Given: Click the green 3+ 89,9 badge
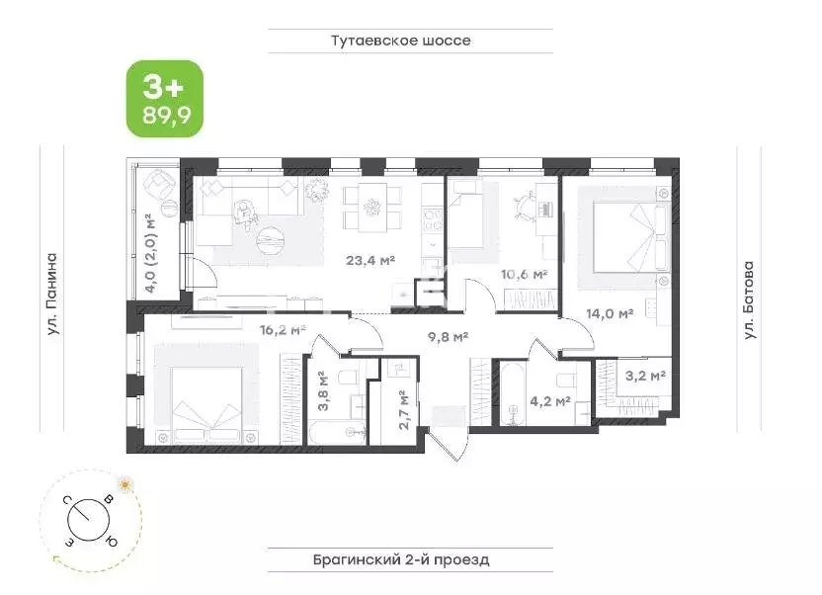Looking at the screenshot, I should click(163, 98).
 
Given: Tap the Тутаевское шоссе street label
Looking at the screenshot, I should click(400, 41).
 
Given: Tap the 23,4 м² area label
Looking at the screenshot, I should click(370, 261).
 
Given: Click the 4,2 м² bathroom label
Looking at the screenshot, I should click(550, 401).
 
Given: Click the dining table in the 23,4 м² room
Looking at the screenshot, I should click(373, 209).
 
